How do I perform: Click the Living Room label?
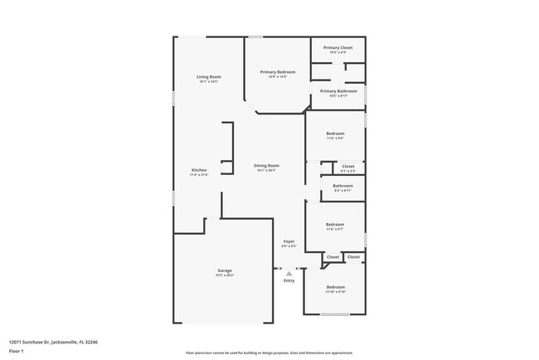click(x=208, y=76)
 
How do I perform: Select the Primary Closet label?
click(x=337, y=47)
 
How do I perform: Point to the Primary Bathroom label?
click(x=338, y=90)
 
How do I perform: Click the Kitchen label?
click(x=198, y=170)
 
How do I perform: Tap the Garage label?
click(x=225, y=270)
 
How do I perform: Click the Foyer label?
click(x=289, y=241)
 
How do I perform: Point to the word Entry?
click(x=289, y=280)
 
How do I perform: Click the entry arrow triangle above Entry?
click(x=289, y=271)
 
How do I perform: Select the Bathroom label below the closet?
click(x=342, y=186)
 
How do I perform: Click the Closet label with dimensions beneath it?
click(x=348, y=166)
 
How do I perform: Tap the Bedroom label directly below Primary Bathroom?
click(x=335, y=134)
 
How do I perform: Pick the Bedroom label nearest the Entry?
click(x=335, y=287)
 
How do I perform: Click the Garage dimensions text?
click(x=225, y=275)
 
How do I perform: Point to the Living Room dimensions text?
click(x=208, y=81)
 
